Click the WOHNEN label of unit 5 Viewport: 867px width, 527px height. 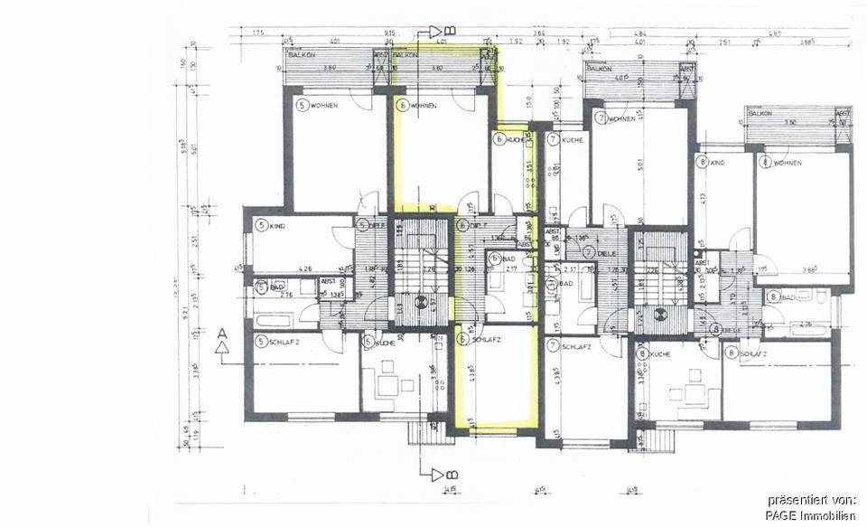324,106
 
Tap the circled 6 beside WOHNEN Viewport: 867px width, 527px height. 402,106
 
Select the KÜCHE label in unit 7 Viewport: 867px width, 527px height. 573,140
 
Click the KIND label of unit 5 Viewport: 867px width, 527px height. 277,225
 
